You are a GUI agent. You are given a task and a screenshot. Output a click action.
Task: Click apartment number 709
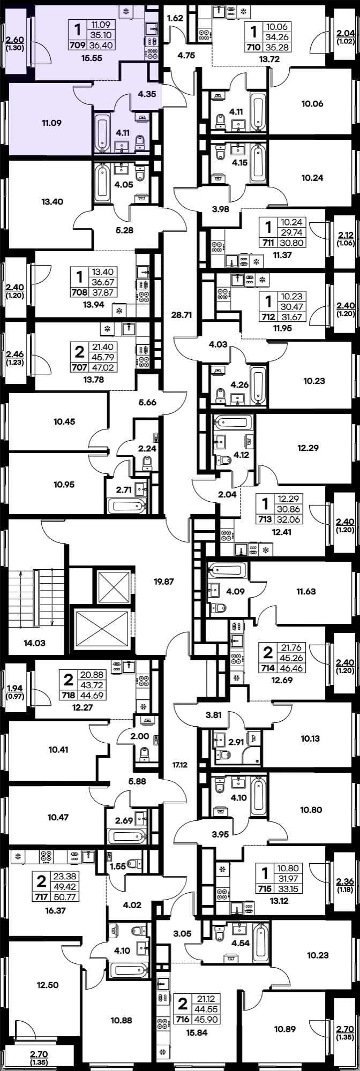coord(78,45)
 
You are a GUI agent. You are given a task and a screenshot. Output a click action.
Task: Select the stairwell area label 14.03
coord(35,643)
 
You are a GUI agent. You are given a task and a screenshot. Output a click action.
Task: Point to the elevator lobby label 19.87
coord(164,581)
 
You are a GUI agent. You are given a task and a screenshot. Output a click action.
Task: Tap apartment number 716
coord(183,1020)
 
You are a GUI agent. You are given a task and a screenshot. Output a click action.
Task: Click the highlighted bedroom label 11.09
coord(51,123)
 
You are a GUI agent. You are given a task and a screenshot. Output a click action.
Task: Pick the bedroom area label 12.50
coord(48,970)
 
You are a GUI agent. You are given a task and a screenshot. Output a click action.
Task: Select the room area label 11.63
coord(306,592)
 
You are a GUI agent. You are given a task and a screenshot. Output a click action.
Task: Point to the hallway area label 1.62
coord(175,18)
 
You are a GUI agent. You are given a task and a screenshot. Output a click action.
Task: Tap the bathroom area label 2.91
coord(236,742)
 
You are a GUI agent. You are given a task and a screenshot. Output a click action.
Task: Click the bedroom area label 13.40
coord(52,202)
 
